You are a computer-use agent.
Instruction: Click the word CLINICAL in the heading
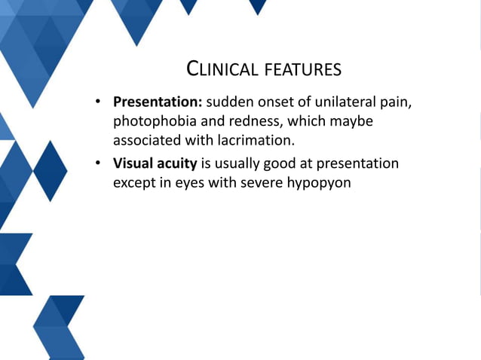pyautogui.click(x=222, y=70)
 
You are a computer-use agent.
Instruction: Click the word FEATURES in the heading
pyautogui.click(x=302, y=70)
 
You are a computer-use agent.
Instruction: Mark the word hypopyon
pyautogui.click(x=319, y=183)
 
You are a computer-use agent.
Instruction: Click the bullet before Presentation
pyautogui.click(x=98, y=102)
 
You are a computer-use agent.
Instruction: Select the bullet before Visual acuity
pyautogui.click(x=98, y=164)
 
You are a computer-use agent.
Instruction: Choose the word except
pyautogui.click(x=135, y=183)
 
